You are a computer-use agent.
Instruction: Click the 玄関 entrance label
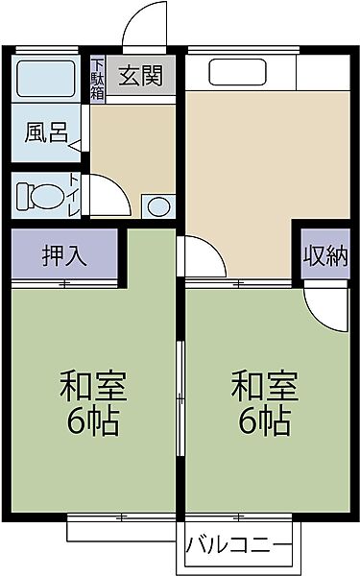click(x=140, y=76)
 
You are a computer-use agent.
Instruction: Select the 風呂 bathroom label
click(x=45, y=132)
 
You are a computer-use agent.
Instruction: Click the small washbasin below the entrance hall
click(x=156, y=206)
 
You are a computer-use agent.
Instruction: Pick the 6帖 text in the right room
click(x=264, y=422)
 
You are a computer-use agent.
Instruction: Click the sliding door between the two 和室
click(x=180, y=394)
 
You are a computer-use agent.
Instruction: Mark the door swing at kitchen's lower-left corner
click(x=203, y=257)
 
